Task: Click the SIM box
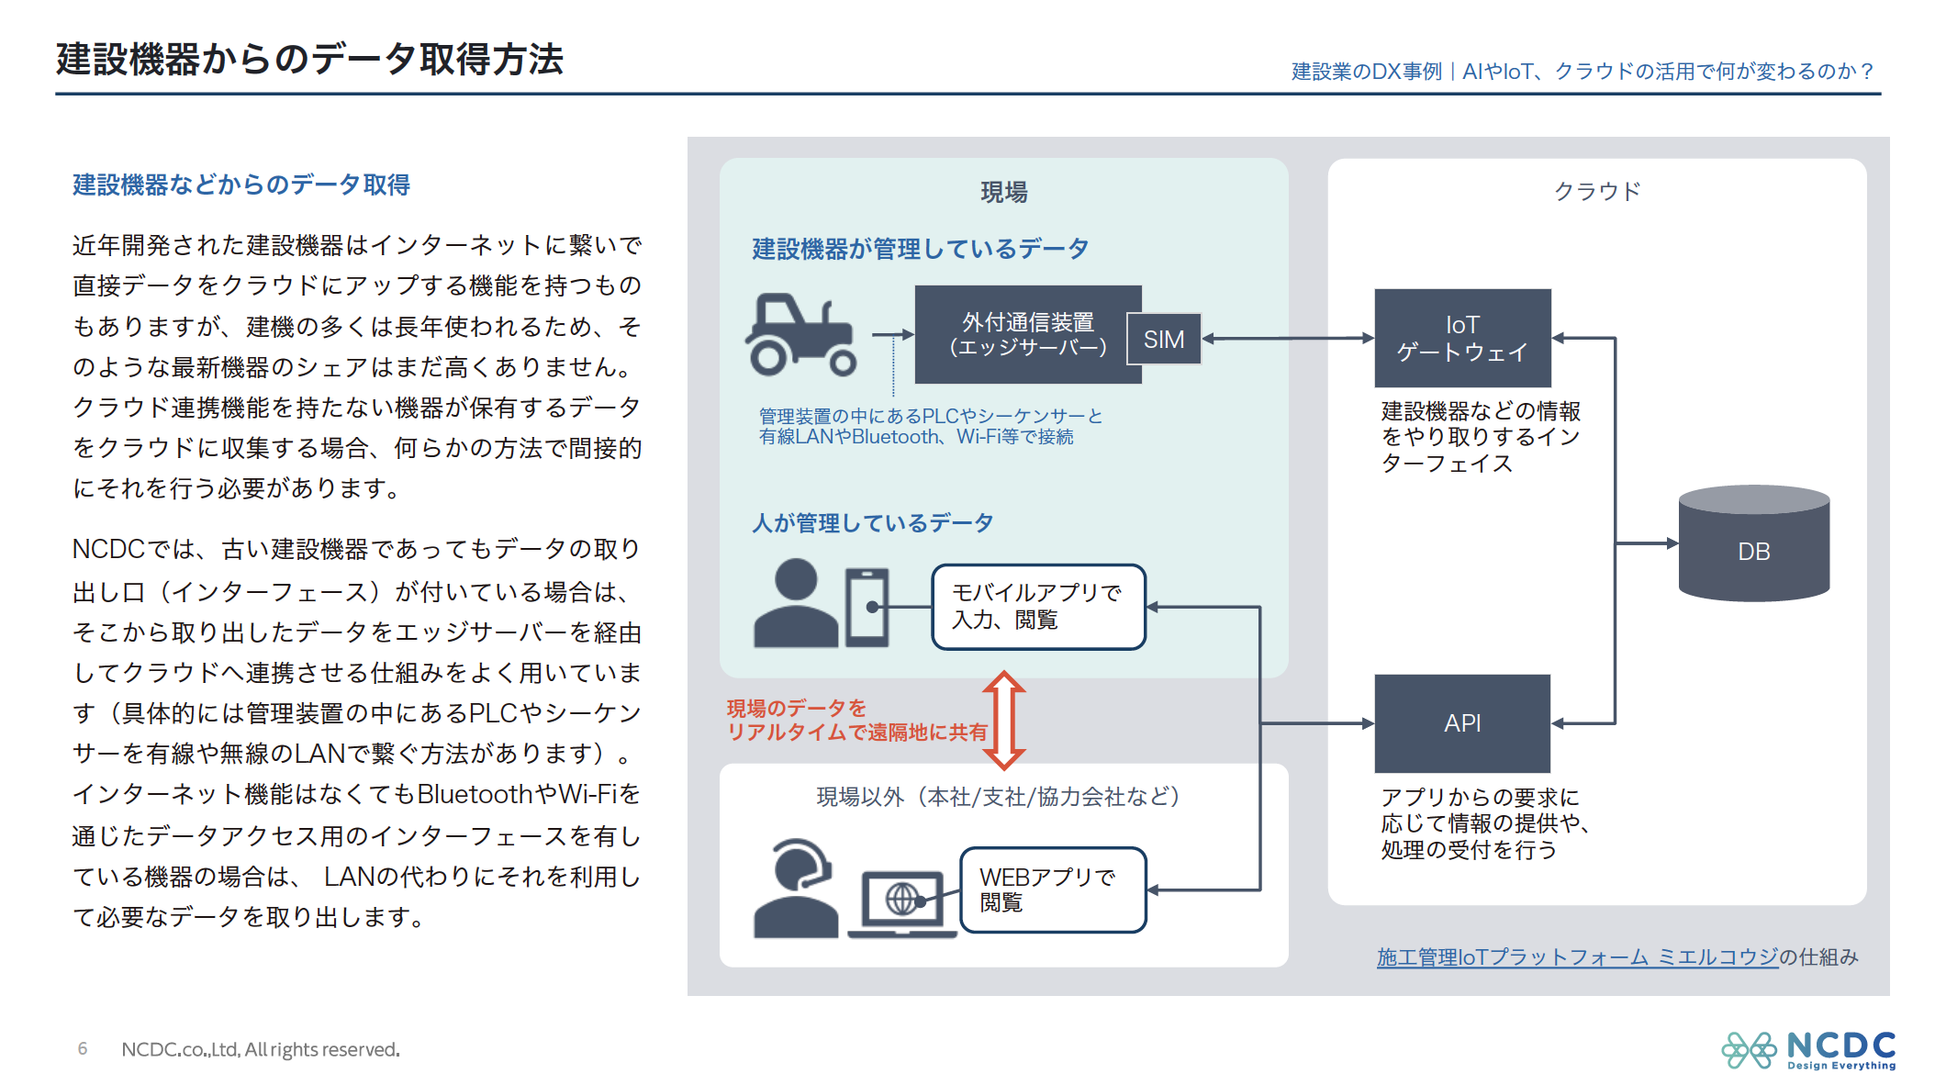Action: click(1164, 340)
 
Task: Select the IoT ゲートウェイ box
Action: click(1462, 338)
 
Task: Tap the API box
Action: click(1462, 723)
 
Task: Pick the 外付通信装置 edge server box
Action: click(1027, 334)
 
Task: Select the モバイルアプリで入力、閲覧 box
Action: click(1038, 607)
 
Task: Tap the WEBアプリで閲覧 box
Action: click(1053, 889)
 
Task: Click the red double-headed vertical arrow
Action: click(1004, 721)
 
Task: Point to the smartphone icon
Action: click(867, 607)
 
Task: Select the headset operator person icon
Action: click(796, 888)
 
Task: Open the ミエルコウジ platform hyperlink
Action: click(1577, 957)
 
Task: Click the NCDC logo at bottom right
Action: click(1809, 1049)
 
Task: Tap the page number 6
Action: click(83, 1048)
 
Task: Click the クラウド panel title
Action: click(1596, 192)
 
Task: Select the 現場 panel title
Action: click(1003, 193)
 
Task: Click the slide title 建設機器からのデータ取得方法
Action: click(309, 60)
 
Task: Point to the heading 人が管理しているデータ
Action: click(872, 523)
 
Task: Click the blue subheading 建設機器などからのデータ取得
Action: click(241, 185)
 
